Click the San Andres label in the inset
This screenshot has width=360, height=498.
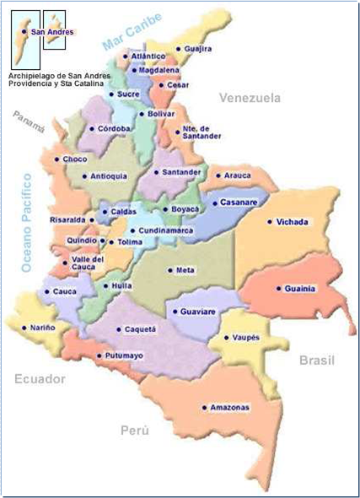pos(51,32)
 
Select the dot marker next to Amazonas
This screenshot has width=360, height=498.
pos(203,407)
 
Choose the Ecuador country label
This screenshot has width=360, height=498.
pos(40,379)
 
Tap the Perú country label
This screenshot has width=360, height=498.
pos(134,431)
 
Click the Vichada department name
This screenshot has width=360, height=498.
pos(293,222)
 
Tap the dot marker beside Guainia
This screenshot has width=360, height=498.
pos(277,288)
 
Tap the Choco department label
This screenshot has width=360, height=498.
pos(75,158)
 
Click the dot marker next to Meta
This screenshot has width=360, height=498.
pos(169,270)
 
